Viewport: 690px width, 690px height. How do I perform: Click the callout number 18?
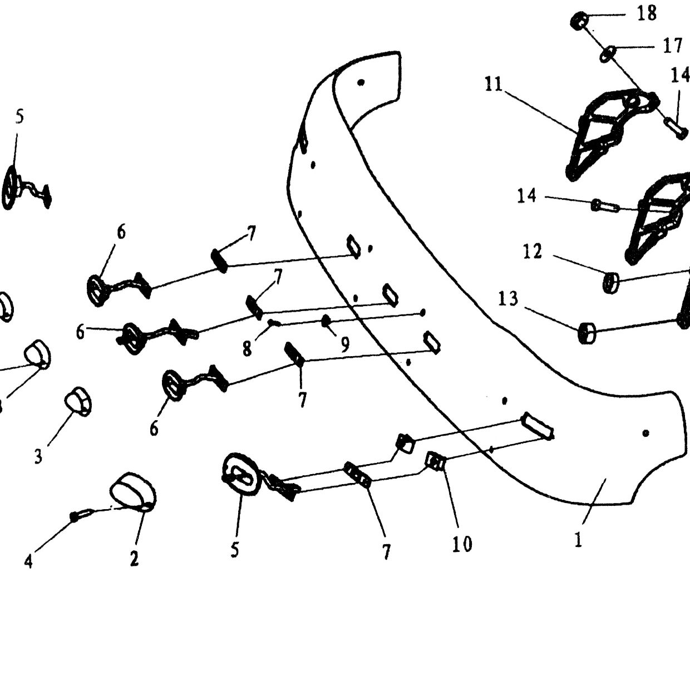(647, 13)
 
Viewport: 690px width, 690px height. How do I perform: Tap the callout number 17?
(672, 46)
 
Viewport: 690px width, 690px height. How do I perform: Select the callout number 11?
(494, 85)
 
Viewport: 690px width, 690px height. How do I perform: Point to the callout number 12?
(533, 251)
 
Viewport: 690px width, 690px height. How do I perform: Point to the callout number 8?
(247, 348)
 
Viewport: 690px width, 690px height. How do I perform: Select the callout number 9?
(344, 344)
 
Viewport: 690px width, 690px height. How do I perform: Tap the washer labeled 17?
(608, 53)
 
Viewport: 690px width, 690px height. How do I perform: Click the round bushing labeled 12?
(611, 283)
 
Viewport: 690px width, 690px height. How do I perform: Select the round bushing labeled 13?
(586, 333)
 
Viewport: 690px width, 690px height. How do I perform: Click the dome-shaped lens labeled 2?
(132, 492)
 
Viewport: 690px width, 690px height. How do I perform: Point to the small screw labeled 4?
(82, 516)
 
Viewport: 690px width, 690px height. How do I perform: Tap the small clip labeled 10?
(434, 461)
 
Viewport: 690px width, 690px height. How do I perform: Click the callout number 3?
(38, 456)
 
